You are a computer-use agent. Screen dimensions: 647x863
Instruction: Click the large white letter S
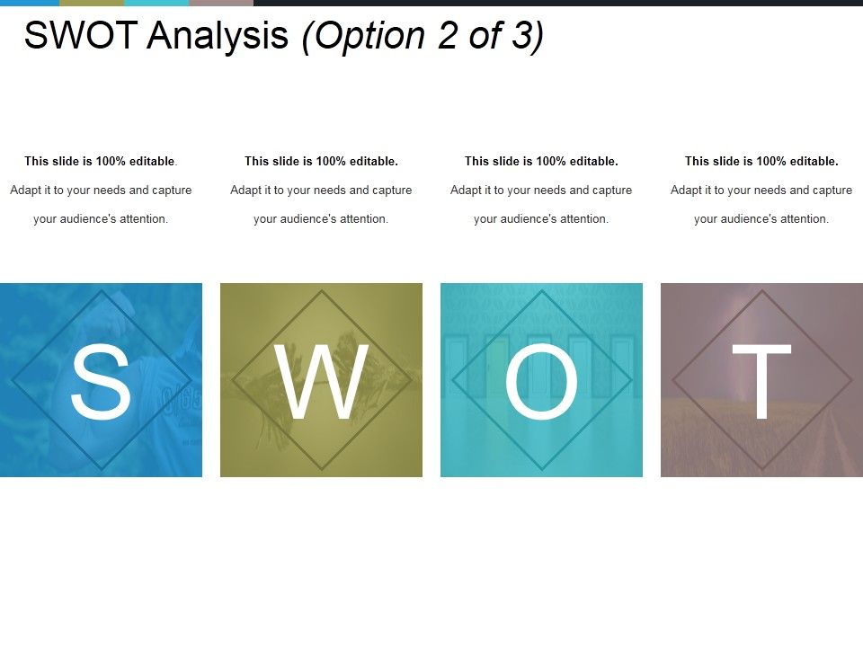point(101,381)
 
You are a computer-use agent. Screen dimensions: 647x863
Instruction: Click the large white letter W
point(321,381)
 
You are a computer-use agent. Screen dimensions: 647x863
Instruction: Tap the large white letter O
point(541,381)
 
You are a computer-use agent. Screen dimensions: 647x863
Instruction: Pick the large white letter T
point(761,381)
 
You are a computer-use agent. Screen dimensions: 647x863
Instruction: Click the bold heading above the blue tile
point(101,162)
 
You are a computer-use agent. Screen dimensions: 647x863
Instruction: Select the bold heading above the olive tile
point(321,162)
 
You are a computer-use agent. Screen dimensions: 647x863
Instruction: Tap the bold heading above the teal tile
point(541,162)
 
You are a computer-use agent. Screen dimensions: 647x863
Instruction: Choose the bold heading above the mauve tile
point(761,162)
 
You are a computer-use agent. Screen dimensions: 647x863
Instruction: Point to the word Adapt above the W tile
point(246,191)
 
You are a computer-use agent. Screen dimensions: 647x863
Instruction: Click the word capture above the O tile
point(609,191)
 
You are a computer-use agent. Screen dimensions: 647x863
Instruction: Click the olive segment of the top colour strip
point(92,3)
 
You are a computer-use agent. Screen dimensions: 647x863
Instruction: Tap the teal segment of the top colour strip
point(156,3)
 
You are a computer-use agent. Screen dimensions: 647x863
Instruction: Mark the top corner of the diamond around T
point(762,290)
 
